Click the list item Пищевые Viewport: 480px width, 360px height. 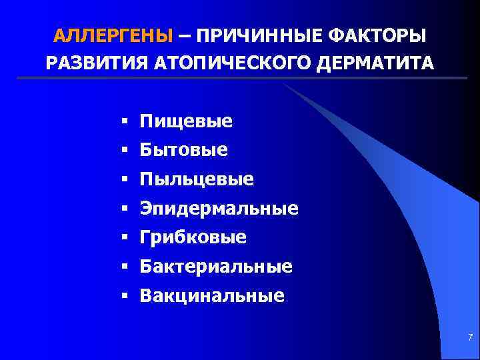[x=186, y=121]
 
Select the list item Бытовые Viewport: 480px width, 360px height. [x=183, y=151]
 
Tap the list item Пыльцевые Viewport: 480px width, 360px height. [x=197, y=179]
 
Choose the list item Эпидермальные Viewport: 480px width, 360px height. [x=219, y=209]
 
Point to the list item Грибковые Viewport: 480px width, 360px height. [x=193, y=237]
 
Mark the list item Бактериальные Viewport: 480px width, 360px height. [x=216, y=267]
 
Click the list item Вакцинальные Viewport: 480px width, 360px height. [x=212, y=295]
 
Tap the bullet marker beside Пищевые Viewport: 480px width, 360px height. [x=125, y=121]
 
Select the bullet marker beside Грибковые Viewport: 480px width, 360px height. [x=125, y=237]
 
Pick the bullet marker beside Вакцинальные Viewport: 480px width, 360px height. [x=125, y=295]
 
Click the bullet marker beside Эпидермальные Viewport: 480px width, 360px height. [x=125, y=209]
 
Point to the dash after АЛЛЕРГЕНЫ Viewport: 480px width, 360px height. [x=183, y=35]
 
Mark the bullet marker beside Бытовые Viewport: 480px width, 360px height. [x=125, y=151]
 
